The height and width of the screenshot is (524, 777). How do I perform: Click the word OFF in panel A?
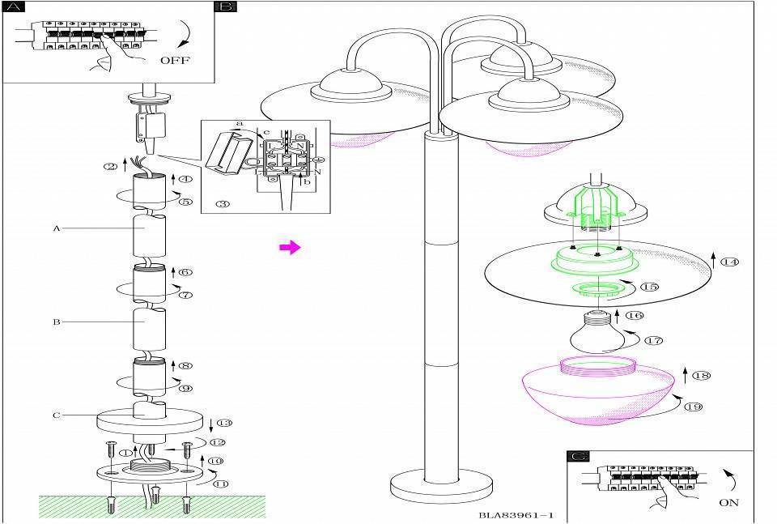coord(175,59)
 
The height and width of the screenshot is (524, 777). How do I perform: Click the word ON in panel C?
coord(728,502)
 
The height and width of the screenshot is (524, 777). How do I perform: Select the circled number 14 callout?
coord(731,262)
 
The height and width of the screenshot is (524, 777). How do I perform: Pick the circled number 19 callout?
coord(693,407)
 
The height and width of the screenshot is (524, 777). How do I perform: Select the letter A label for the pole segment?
coord(57,228)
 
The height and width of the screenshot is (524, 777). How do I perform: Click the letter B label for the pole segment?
coord(57,322)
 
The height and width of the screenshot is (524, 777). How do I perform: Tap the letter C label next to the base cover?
coord(57,415)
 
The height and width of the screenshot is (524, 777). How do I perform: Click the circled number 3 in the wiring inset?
coord(223,202)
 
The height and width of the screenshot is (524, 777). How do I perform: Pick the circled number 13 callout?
coord(224,424)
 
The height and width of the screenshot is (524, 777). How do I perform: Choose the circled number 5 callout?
coord(185,202)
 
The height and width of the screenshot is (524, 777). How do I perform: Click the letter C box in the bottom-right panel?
coord(578,457)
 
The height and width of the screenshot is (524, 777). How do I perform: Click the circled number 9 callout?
coord(185,389)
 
